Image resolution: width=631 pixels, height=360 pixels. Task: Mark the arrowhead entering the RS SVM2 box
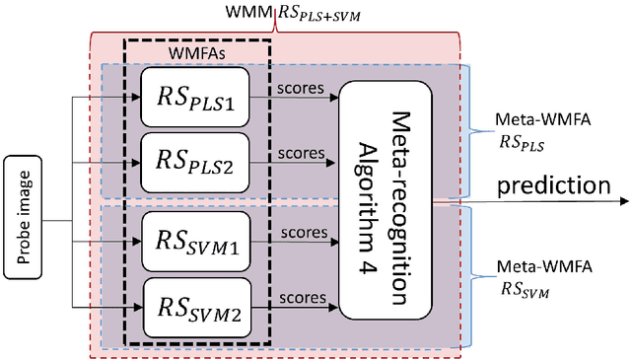[137, 305]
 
